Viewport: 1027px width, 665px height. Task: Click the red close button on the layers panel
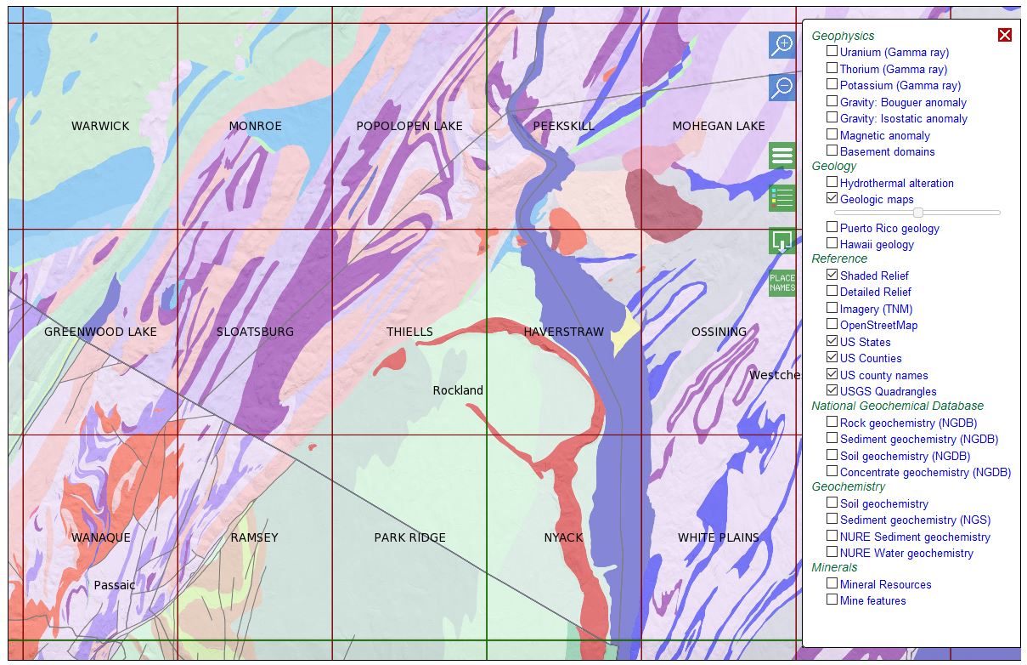[1005, 34]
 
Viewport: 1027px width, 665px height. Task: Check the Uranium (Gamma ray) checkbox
[832, 51]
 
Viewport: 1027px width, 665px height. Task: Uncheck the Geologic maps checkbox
[832, 198]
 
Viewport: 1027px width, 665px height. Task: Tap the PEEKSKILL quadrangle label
[563, 126]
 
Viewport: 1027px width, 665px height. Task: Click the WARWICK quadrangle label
[100, 126]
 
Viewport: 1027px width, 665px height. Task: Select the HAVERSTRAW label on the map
[563, 332]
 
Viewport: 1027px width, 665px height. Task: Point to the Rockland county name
[458, 390]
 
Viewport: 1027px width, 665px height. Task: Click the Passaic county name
[114, 585]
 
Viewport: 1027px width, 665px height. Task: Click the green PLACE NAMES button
[782, 282]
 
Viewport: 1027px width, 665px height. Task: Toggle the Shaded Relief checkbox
[832, 275]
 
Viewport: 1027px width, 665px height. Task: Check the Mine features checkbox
[832, 600]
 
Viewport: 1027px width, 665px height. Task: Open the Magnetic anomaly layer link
[884, 135]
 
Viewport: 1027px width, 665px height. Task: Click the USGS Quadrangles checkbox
[832, 390]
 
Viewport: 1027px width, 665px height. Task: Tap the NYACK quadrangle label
[563, 537]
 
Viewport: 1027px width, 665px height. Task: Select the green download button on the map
[782, 241]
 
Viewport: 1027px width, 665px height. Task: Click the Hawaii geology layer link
[877, 244]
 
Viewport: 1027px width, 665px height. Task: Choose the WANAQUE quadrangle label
[100, 537]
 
